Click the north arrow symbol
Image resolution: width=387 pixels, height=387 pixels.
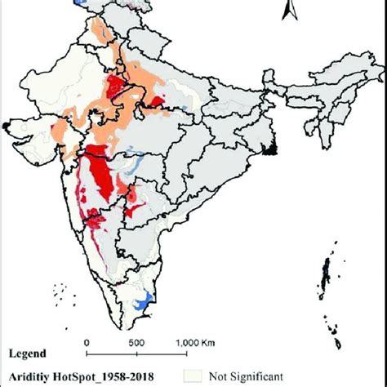click(287, 11)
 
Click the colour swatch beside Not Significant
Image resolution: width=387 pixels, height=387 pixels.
click(193, 375)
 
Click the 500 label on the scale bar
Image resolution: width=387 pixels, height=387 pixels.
click(136, 343)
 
